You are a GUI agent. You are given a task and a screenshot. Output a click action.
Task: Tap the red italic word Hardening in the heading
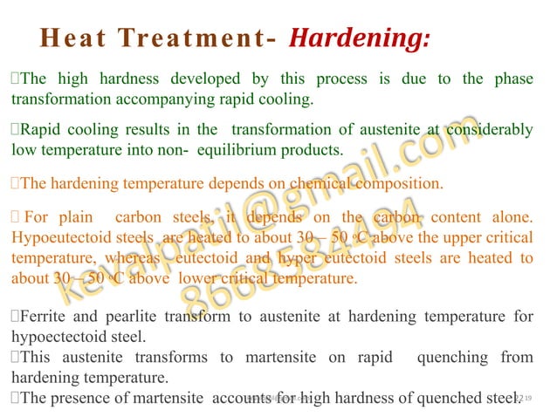pos(359,39)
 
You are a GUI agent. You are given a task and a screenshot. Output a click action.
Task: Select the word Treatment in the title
pos(192,39)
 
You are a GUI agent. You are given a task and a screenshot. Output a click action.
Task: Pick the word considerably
pos(489,130)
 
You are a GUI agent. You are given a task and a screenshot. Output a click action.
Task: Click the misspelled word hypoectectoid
pos(56,336)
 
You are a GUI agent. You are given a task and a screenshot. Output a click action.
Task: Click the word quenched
pos(444,399)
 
